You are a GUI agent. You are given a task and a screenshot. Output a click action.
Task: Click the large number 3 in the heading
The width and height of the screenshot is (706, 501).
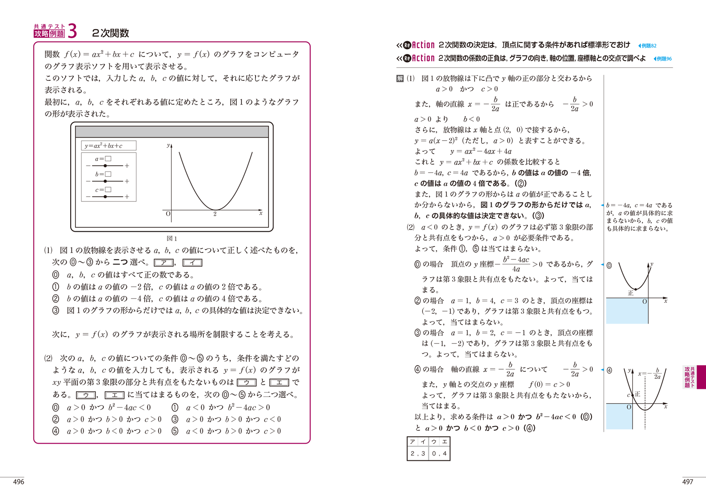click(71, 31)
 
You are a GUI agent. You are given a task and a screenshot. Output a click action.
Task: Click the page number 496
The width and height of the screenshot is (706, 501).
click(19, 482)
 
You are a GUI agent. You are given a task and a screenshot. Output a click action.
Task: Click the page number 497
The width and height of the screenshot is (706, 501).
click(688, 482)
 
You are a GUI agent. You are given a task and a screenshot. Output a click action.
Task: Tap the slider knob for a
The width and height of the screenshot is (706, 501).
click(105, 166)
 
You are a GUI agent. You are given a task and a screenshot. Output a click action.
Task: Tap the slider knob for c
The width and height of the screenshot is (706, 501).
click(105, 196)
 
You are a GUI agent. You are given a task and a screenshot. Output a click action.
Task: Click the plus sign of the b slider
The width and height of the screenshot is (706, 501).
click(127, 181)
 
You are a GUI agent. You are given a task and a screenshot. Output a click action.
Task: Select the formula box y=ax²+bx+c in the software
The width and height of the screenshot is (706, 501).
click(109, 146)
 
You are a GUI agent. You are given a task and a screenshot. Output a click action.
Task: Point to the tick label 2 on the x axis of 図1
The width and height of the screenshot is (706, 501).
click(215, 214)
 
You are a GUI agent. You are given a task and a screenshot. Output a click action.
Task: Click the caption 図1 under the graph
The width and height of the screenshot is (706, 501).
click(172, 238)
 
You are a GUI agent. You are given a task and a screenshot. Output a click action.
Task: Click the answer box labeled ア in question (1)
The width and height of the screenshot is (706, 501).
click(164, 263)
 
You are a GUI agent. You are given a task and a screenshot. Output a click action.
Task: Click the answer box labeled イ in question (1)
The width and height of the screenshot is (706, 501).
click(192, 263)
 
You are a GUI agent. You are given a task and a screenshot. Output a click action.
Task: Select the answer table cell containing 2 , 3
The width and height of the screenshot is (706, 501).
click(418, 453)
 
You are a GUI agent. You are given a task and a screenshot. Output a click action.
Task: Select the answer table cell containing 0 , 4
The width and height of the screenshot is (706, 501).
click(439, 453)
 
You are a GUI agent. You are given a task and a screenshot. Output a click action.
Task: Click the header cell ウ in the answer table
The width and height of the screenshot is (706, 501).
click(434, 442)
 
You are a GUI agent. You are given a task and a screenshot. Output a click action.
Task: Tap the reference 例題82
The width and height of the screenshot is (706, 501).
click(648, 46)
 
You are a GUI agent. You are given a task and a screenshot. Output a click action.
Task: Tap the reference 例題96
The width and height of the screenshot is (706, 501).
click(664, 58)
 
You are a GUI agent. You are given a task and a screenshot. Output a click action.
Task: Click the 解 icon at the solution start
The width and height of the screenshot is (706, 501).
click(400, 79)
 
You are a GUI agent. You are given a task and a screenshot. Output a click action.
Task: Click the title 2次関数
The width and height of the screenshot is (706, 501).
click(110, 33)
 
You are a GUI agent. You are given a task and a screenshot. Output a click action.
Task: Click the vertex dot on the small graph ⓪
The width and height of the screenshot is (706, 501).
click(635, 289)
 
